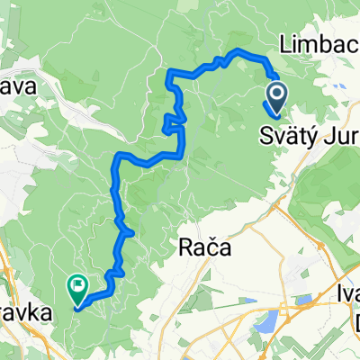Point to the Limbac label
point(319,42)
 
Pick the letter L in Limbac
point(287,42)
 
